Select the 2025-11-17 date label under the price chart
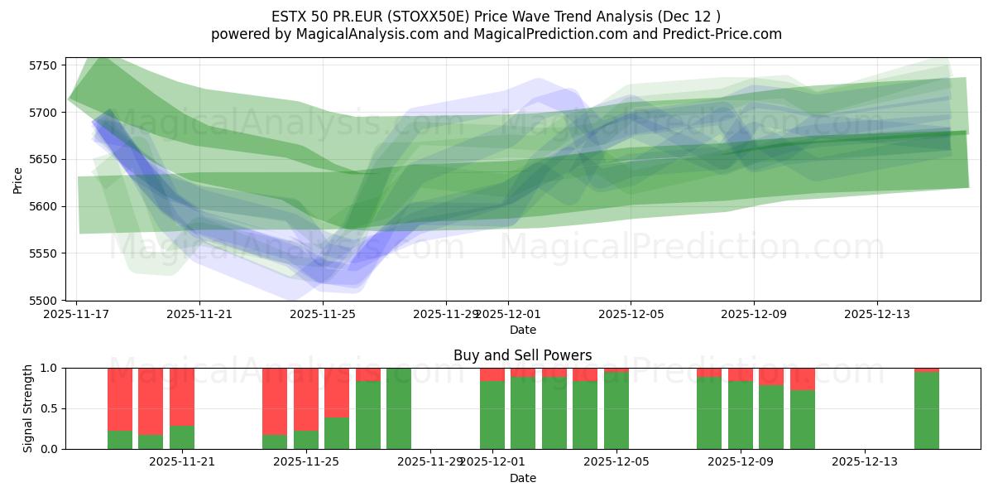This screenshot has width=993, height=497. (x=76, y=315)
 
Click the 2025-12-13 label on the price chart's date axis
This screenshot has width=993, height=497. (x=876, y=315)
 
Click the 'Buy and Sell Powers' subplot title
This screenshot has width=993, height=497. (x=522, y=355)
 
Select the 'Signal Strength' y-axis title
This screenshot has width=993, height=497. (x=28, y=408)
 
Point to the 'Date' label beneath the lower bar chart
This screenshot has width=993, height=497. (x=522, y=478)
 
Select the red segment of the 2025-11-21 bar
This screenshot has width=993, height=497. (x=182, y=396)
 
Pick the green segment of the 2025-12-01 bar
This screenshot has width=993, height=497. (x=492, y=414)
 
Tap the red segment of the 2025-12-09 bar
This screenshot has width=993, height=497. (x=741, y=374)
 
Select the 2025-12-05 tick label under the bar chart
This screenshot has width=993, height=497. (x=616, y=462)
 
